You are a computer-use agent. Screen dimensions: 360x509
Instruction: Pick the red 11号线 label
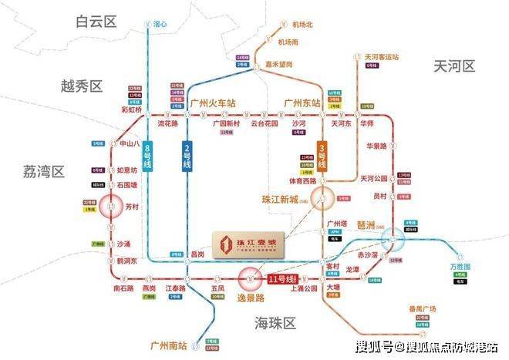(282, 278)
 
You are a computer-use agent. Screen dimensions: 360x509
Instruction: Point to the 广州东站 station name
(302, 102)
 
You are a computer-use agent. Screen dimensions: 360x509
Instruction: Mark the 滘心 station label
(160, 24)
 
